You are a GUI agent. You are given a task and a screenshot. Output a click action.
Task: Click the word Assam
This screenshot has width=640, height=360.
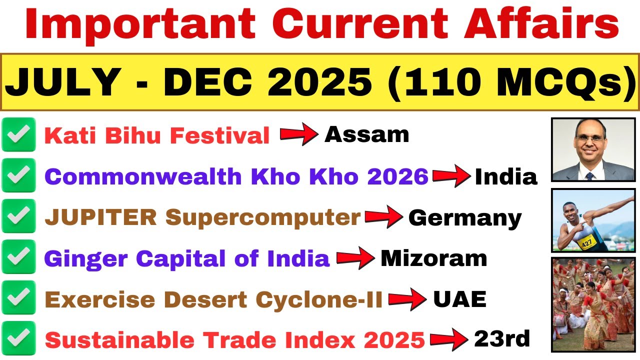click(366, 134)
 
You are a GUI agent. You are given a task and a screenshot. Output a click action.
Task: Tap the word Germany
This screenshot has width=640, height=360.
click(465, 218)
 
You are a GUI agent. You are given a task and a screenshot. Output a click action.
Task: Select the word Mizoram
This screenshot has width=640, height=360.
click(433, 258)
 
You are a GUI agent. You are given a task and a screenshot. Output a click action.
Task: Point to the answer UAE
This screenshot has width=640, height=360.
click(459, 299)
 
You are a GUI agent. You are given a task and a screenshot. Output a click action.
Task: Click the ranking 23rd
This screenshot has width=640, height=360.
click(502, 339)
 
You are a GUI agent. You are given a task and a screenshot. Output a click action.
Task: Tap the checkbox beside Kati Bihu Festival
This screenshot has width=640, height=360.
click(19, 134)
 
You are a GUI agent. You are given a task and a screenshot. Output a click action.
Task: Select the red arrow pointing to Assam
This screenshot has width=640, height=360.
click(298, 134)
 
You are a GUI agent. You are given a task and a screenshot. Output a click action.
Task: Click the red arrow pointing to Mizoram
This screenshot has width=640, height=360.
click(355, 258)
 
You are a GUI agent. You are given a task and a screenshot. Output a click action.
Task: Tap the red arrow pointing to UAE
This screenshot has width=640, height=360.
click(407, 299)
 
